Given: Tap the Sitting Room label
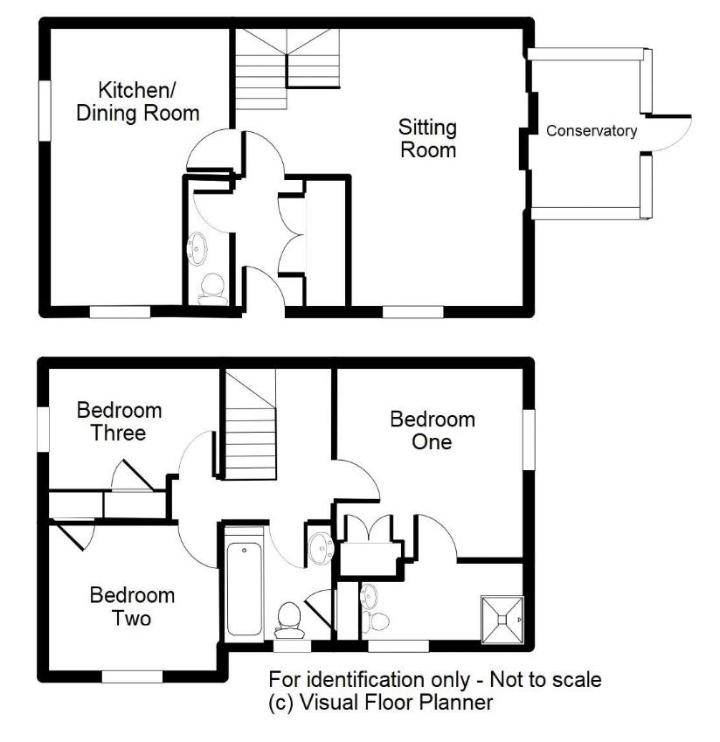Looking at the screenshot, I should click(428, 139).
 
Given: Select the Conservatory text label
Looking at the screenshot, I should click(592, 131).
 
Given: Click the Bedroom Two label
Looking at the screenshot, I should click(132, 607).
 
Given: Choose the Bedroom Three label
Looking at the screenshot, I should click(119, 420).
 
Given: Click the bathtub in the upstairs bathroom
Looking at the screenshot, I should click(244, 581).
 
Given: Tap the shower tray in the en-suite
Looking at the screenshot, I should click(502, 620).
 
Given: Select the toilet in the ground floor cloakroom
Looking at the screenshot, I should click(211, 288).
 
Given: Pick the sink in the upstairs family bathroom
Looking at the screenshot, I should click(320, 547).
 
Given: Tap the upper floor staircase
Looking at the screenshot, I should click(248, 428).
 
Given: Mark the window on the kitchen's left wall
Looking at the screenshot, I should click(44, 108).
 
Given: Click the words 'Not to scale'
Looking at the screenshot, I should click(546, 679).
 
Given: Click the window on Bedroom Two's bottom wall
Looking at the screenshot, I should click(132, 676).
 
